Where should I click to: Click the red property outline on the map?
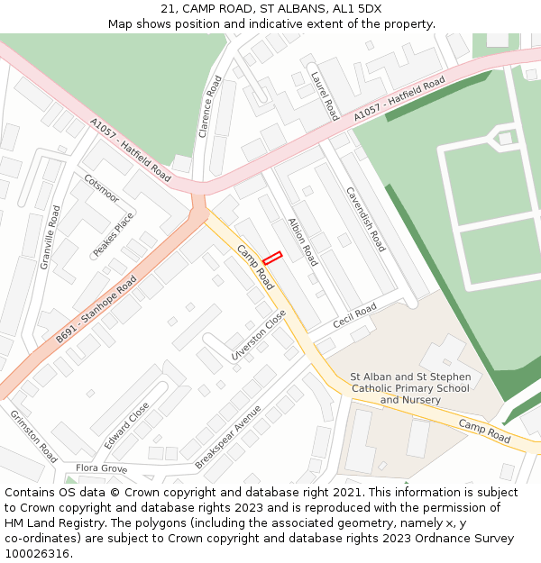point(272,258)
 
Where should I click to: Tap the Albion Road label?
point(303,242)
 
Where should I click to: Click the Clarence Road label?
point(210,106)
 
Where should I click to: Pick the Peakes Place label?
point(114,234)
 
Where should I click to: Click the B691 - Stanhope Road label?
point(96,310)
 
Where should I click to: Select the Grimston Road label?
point(33,436)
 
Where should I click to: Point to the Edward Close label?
point(126,426)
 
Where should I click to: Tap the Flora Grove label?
point(101,468)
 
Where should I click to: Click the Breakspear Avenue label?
point(228,436)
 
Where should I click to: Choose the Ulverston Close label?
point(259,335)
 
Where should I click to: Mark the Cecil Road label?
point(354,316)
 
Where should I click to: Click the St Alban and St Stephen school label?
point(410,388)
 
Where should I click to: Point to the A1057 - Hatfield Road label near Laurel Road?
point(399,100)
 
